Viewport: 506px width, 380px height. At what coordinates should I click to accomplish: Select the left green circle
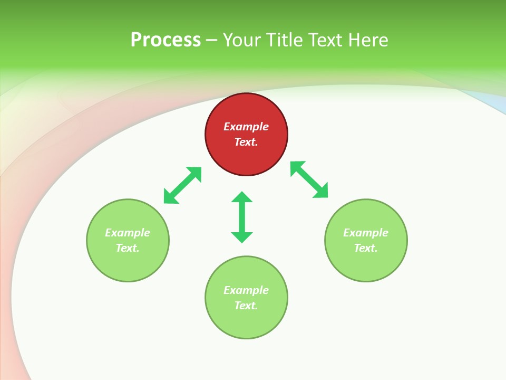click(x=128, y=264)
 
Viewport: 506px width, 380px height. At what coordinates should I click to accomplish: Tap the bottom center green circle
click(x=246, y=322)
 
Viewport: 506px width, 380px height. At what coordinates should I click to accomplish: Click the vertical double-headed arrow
click(x=242, y=217)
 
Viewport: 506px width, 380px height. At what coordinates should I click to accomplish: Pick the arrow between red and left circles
click(x=182, y=185)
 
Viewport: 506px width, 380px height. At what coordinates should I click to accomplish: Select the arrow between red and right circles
click(x=309, y=179)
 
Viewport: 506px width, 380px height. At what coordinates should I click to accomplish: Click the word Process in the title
click(x=166, y=40)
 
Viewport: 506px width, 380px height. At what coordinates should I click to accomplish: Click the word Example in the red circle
click(x=246, y=127)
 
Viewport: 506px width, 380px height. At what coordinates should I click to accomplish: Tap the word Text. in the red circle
click(x=246, y=142)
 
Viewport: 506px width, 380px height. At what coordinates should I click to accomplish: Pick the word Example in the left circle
click(x=128, y=233)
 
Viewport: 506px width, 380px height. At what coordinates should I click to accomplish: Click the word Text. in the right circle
click(x=366, y=248)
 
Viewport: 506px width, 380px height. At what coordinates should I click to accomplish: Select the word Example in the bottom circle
click(x=246, y=290)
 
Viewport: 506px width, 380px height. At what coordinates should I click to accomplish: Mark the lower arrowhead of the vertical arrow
click(x=242, y=237)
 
